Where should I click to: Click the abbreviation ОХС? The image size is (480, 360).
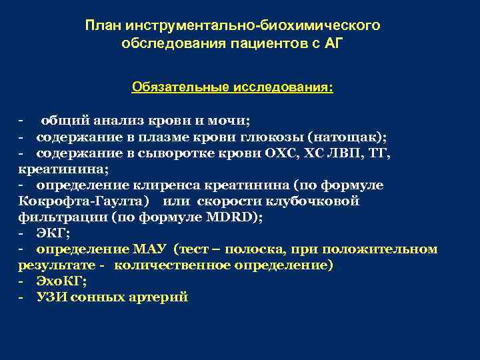coord(284,153)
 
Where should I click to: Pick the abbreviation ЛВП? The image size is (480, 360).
coord(347,153)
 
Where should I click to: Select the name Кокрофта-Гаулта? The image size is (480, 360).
coord(79,201)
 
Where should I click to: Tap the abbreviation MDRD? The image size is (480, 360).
coord(241,217)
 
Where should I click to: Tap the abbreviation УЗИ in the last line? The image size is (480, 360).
coord(51,297)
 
